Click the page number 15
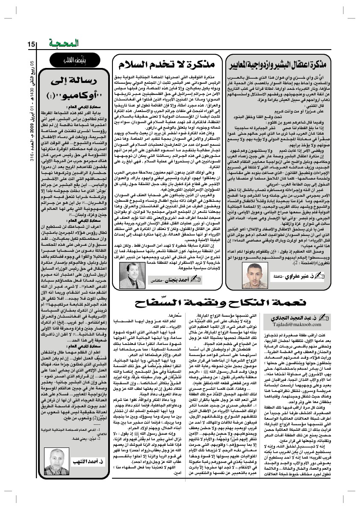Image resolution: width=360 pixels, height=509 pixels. click(x=31, y=44)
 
